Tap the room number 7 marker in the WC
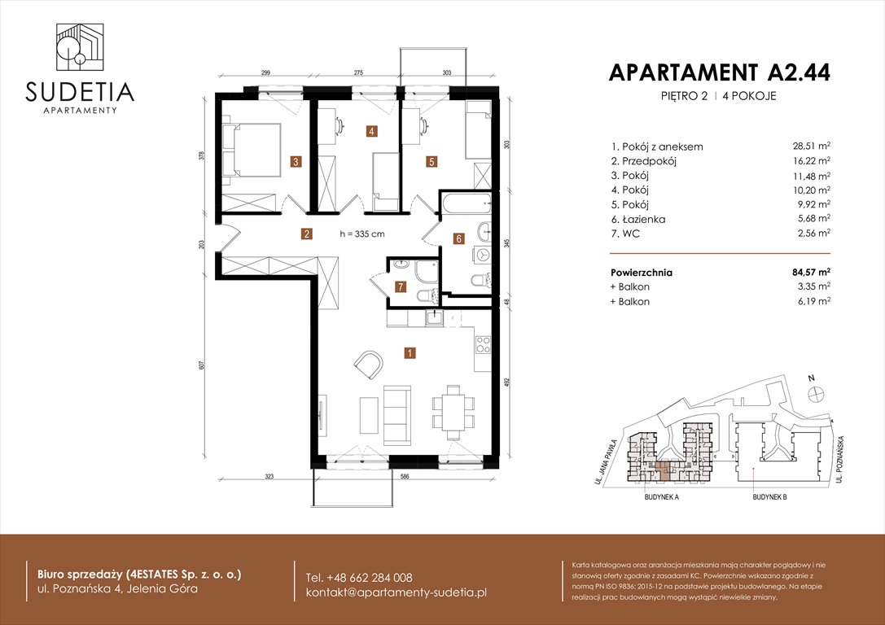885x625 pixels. point(400,286)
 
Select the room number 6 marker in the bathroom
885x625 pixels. point(458,239)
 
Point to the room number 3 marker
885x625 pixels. point(296,162)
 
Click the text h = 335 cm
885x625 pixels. point(362,234)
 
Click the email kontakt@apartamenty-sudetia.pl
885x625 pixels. point(396,592)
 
